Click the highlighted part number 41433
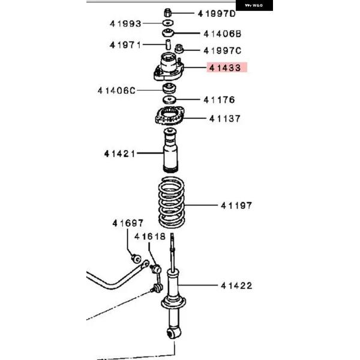225,68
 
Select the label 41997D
217,14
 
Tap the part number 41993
125,23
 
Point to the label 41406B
223,34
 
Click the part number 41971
125,45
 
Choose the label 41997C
223,50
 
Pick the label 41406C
116,91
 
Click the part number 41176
219,100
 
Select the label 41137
225,119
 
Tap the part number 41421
119,154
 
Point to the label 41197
236,205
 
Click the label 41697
128,223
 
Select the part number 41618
149,236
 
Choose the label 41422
236,286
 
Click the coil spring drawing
171,202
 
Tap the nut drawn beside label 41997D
168,13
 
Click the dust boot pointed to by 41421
170,151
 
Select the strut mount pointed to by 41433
169,67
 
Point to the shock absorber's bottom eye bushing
173,334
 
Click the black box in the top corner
254,5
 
